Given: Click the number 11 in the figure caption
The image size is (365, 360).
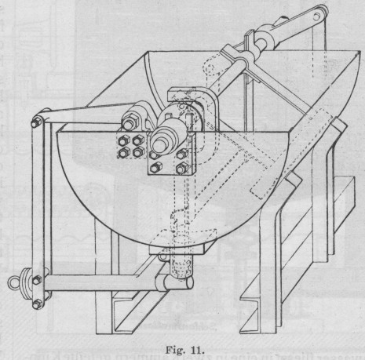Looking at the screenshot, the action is (197, 350).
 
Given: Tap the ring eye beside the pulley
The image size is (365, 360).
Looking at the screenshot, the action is (13, 282).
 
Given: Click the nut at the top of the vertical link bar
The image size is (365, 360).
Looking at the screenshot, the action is (36, 122).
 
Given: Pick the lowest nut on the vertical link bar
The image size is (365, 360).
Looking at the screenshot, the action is (38, 304).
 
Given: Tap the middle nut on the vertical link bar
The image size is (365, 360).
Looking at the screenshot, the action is (37, 280).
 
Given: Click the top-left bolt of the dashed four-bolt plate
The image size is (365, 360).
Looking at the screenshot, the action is (124, 141).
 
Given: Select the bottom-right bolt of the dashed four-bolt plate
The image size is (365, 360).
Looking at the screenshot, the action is (138, 152).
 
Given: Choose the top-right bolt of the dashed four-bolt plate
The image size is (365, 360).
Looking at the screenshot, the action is (138, 140).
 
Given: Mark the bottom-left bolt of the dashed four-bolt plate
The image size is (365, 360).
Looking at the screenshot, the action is (124, 152).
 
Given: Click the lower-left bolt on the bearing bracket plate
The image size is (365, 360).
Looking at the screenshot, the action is (155, 168).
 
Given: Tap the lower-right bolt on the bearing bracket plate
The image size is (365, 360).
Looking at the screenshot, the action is (182, 169).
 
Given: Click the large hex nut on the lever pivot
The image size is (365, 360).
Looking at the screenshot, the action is (130, 122).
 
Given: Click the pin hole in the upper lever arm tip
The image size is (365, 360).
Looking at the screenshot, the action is (317, 16).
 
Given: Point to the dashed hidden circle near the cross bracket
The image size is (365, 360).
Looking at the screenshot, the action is (210, 68).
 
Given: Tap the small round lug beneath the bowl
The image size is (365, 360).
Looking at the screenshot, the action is (162, 256).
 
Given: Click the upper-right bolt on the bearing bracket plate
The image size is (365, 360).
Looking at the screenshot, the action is (183, 154).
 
